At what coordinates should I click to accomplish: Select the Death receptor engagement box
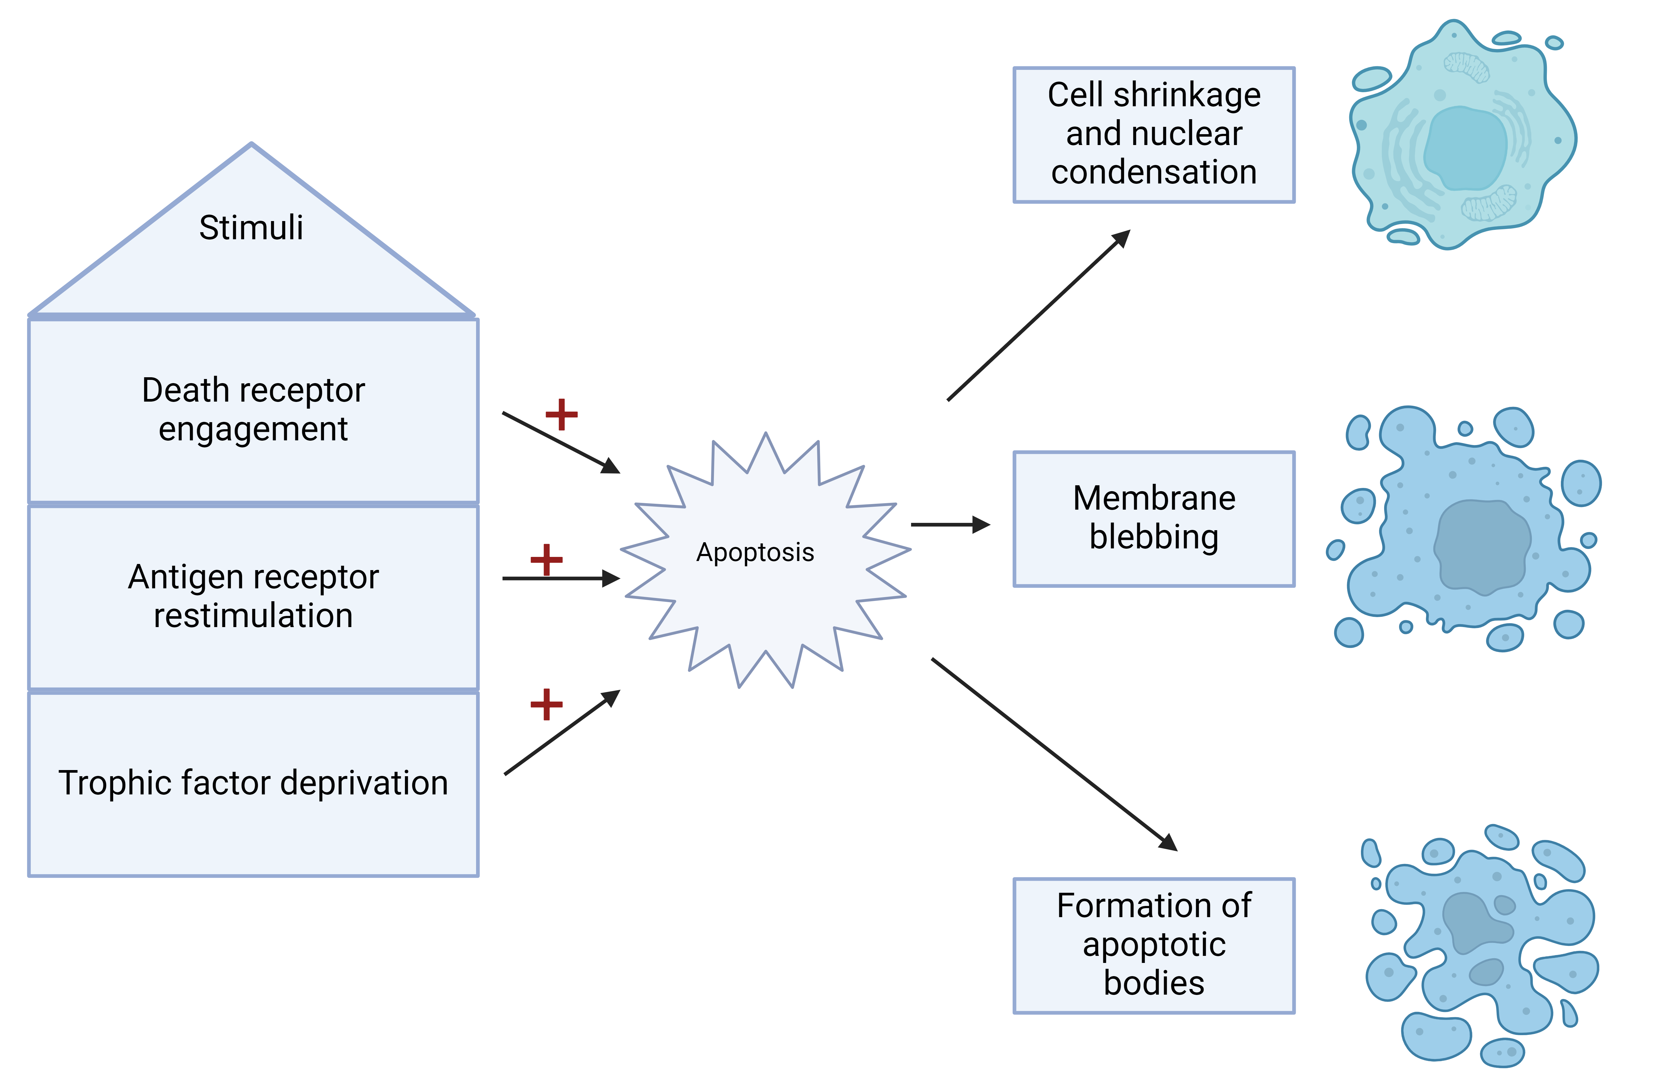click(253, 410)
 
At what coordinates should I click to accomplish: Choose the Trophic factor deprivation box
click(253, 783)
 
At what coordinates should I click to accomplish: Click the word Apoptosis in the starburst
click(755, 552)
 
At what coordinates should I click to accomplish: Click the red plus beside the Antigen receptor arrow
click(546, 559)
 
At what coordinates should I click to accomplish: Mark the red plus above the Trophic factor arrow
click(546, 704)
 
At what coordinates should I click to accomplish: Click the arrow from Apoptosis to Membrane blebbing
click(949, 524)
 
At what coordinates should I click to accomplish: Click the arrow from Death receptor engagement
click(560, 442)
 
